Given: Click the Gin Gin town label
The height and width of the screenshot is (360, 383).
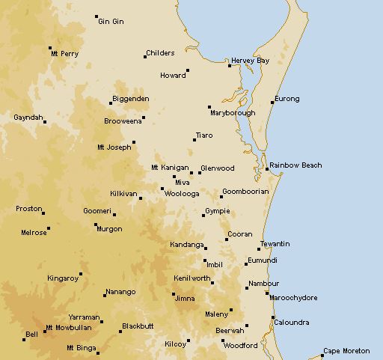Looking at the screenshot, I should click(111, 22).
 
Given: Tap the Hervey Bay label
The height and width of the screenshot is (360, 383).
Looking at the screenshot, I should click(250, 61).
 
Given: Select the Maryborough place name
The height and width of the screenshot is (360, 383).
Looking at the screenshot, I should click(233, 113).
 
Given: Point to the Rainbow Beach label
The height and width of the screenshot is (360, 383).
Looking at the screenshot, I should click(295, 165).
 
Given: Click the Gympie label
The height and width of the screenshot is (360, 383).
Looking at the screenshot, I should click(218, 212).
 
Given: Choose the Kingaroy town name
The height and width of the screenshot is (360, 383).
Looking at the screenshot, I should click(63, 278).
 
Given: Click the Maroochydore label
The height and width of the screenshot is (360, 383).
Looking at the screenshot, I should click(293, 298).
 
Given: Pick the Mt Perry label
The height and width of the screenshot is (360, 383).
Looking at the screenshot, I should click(65, 54).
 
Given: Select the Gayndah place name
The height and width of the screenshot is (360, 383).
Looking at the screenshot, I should click(29, 118).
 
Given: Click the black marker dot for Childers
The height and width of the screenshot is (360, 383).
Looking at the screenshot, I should click(145, 56).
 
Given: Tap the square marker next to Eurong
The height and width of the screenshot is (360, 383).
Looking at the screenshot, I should click(272, 102).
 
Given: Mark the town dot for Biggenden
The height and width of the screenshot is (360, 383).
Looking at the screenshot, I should click(111, 103).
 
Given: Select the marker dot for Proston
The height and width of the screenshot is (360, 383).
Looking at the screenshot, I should click(43, 213).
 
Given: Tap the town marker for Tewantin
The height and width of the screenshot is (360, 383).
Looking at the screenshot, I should click(260, 248).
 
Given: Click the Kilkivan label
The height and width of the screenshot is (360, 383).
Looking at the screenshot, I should click(123, 194).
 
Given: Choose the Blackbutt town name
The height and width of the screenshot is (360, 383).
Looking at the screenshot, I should click(138, 326).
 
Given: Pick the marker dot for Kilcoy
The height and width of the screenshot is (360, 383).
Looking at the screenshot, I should click(189, 341).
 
